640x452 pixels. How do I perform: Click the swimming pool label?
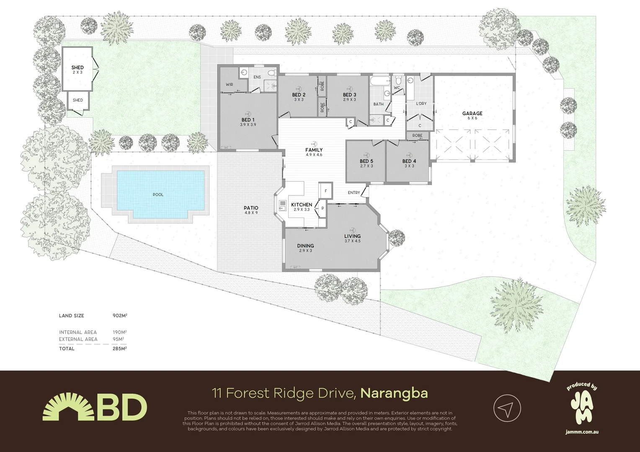tap(158, 195)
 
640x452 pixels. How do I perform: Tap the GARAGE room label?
tap(472, 113)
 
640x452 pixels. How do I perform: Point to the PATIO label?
tap(251, 208)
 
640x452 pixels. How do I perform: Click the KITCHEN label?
tap(302, 205)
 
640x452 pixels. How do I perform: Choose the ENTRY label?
tap(354, 193)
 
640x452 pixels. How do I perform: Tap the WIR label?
tap(229, 85)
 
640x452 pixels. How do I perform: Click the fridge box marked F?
tap(325, 191)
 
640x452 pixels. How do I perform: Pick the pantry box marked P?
tap(323, 208)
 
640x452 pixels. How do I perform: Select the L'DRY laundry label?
tap(421, 103)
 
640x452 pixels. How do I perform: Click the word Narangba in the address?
tap(394, 393)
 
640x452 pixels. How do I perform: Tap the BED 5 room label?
tap(366, 161)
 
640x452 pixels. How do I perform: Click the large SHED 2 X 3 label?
tap(77, 67)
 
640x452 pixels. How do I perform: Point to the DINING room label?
tap(305, 246)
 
